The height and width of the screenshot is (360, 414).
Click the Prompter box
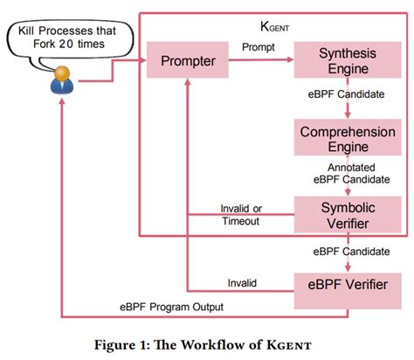tap(190, 63)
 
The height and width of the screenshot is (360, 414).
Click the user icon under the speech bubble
tap(62, 81)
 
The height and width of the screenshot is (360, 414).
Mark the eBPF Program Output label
tap(171, 307)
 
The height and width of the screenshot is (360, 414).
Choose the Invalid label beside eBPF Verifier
tap(245, 281)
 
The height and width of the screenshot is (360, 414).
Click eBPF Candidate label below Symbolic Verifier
tap(348, 252)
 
